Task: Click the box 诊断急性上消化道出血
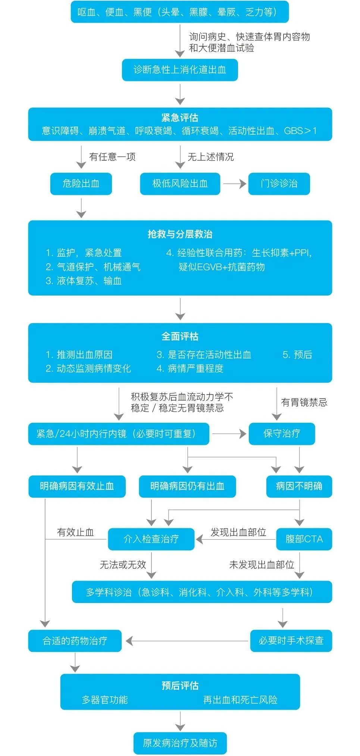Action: [x=180, y=70]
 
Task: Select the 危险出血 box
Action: [x=81, y=184]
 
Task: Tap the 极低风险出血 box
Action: [x=180, y=184]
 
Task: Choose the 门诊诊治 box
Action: [x=279, y=184]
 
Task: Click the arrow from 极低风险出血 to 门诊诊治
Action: [x=234, y=184]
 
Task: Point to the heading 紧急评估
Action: [x=180, y=118]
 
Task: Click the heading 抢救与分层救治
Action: [x=180, y=234]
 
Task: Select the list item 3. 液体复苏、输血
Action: [x=84, y=281]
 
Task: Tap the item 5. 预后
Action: [x=297, y=354]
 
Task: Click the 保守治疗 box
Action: [x=282, y=434]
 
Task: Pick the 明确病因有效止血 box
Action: [x=77, y=486]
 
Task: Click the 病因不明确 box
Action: [x=299, y=486]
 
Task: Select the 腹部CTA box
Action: [x=304, y=539]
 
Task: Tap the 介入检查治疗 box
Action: [x=151, y=539]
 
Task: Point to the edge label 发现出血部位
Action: [x=238, y=532]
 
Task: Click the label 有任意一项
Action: [x=112, y=157]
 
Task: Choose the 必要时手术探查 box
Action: [x=291, y=641]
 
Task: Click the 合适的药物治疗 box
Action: [x=75, y=641]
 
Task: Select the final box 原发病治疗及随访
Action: [x=180, y=743]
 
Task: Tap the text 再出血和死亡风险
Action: [x=240, y=700]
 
